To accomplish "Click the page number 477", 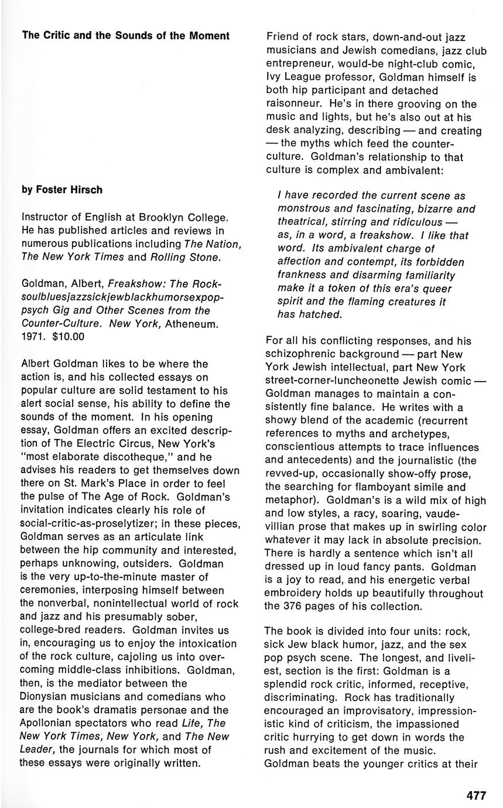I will pos(476,795).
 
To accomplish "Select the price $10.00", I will pos(69,336).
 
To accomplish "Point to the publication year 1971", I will pos(33,336).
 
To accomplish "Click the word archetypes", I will pos(362,433).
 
